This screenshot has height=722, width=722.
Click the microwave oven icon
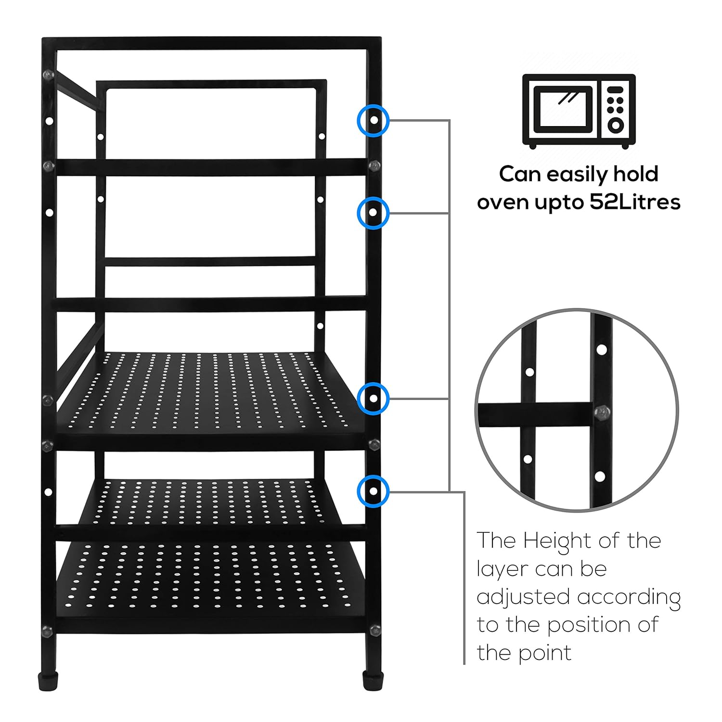click(579, 111)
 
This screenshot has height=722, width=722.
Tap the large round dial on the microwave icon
click(616, 125)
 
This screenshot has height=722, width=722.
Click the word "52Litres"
click(635, 202)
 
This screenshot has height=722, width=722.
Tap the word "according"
click(629, 598)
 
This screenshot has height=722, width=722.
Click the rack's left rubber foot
click(48, 682)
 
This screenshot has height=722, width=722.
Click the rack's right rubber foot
click(373, 682)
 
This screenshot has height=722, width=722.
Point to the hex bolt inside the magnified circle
click(602, 413)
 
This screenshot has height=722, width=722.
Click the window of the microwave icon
click(563, 109)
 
